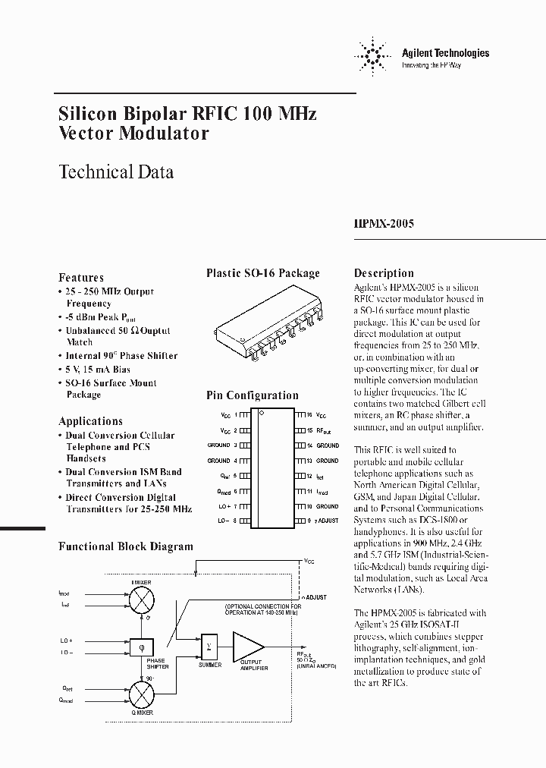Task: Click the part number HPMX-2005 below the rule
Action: [x=384, y=225]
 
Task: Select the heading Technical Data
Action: [x=116, y=172]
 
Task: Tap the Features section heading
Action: [x=81, y=278]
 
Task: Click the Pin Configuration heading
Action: [x=253, y=395]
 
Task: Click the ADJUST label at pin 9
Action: [x=326, y=521]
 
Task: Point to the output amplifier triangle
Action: [x=246, y=647]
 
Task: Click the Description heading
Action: [x=384, y=273]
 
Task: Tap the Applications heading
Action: [x=90, y=421]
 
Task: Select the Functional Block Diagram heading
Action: [x=126, y=546]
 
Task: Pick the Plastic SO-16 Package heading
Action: [x=263, y=273]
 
